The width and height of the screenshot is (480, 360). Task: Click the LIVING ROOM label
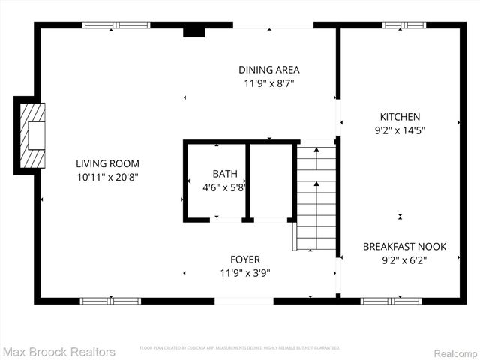click(107, 163)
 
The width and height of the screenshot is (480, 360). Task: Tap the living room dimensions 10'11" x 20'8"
click(107, 178)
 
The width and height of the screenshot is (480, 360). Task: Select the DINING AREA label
click(268, 70)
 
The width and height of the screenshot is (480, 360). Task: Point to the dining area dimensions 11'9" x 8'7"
click(268, 83)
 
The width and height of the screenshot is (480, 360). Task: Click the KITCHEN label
click(400, 117)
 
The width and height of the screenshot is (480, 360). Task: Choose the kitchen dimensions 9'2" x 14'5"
click(400, 130)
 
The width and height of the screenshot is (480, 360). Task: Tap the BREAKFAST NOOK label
click(404, 246)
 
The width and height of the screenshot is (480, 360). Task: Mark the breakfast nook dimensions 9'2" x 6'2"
click(404, 260)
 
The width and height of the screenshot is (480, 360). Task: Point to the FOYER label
click(245, 259)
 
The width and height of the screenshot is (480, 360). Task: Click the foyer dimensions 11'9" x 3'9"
click(245, 273)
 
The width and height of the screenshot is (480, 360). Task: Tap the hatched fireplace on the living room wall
click(32, 136)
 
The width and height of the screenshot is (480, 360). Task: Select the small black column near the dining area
click(194, 31)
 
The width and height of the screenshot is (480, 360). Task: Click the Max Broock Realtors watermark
click(59, 351)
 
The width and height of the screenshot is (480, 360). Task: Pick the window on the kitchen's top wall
click(404, 25)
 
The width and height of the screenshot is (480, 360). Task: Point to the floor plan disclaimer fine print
click(239, 348)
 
